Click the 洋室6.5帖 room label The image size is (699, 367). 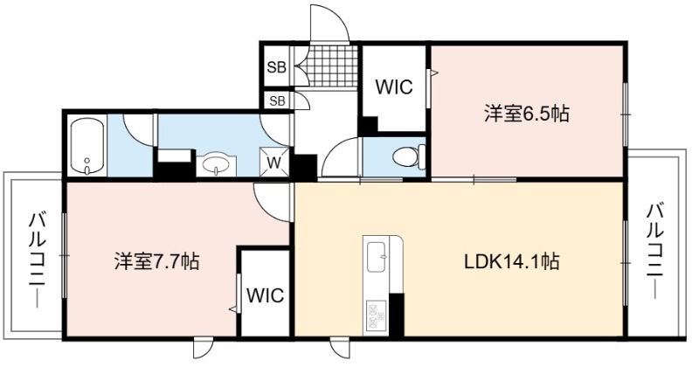(x=527, y=114)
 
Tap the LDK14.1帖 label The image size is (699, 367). (x=512, y=261)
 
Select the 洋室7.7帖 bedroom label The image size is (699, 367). (x=156, y=261)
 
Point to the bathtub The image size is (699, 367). (x=87, y=145)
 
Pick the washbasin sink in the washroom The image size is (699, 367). (x=216, y=164)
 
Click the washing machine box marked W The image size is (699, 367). (x=274, y=162)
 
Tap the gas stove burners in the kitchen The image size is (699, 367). (x=377, y=316)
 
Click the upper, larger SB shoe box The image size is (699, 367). (x=276, y=67)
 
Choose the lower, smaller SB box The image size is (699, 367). (x=277, y=100)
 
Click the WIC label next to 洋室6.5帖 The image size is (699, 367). (x=394, y=87)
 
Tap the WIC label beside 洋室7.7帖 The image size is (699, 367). (x=266, y=295)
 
